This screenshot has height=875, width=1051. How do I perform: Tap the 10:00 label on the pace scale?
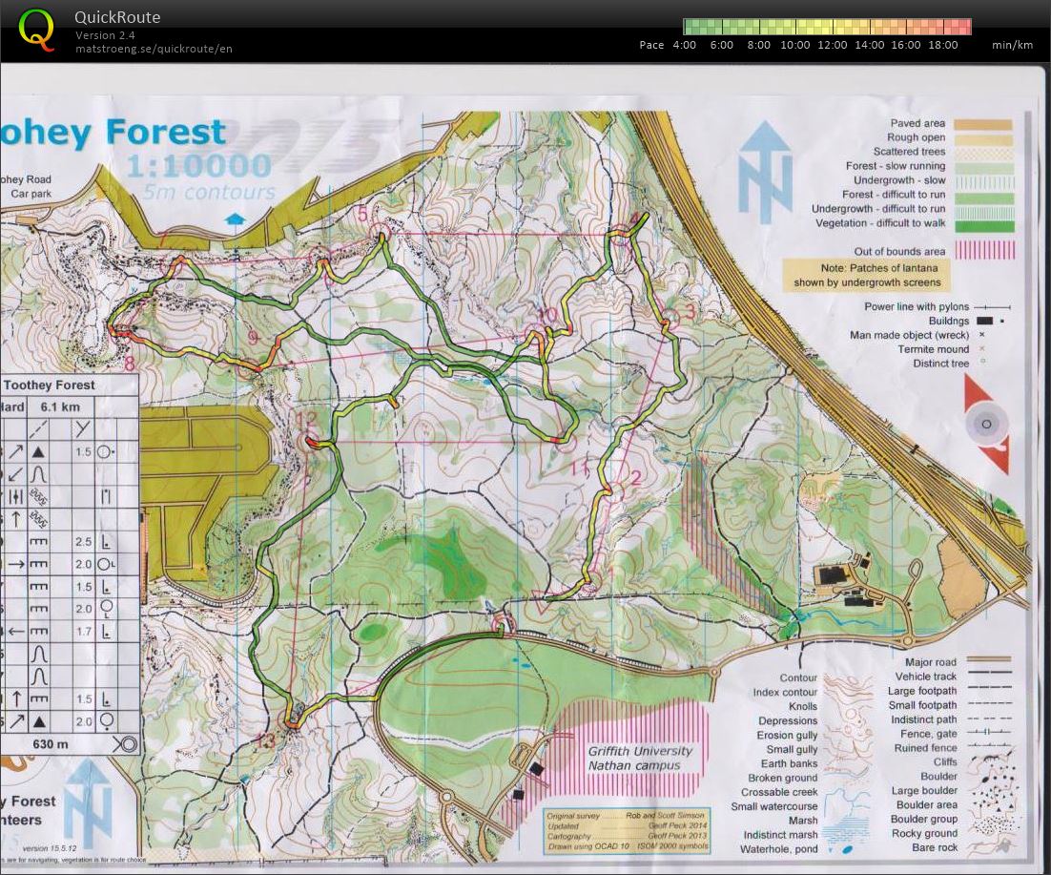(x=794, y=45)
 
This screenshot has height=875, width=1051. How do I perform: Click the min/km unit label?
(x=1012, y=45)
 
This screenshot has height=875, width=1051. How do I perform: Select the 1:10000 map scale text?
(x=198, y=168)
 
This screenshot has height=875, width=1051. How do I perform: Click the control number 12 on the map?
(x=306, y=419)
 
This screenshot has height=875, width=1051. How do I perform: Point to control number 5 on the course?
(x=361, y=215)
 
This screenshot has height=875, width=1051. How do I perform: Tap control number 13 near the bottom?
(x=267, y=740)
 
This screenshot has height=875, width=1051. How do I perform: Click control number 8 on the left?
(x=129, y=363)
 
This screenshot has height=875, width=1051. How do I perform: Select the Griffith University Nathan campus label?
(x=640, y=758)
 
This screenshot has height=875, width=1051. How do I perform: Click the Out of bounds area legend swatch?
(x=991, y=251)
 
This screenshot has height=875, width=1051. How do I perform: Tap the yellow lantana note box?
(x=866, y=275)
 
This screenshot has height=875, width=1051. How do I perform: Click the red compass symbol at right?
(x=987, y=425)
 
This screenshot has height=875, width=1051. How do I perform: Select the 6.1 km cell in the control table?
(x=60, y=406)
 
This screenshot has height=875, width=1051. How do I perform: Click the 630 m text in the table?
(x=50, y=744)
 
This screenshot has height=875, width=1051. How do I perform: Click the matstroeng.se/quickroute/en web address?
(x=154, y=49)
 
